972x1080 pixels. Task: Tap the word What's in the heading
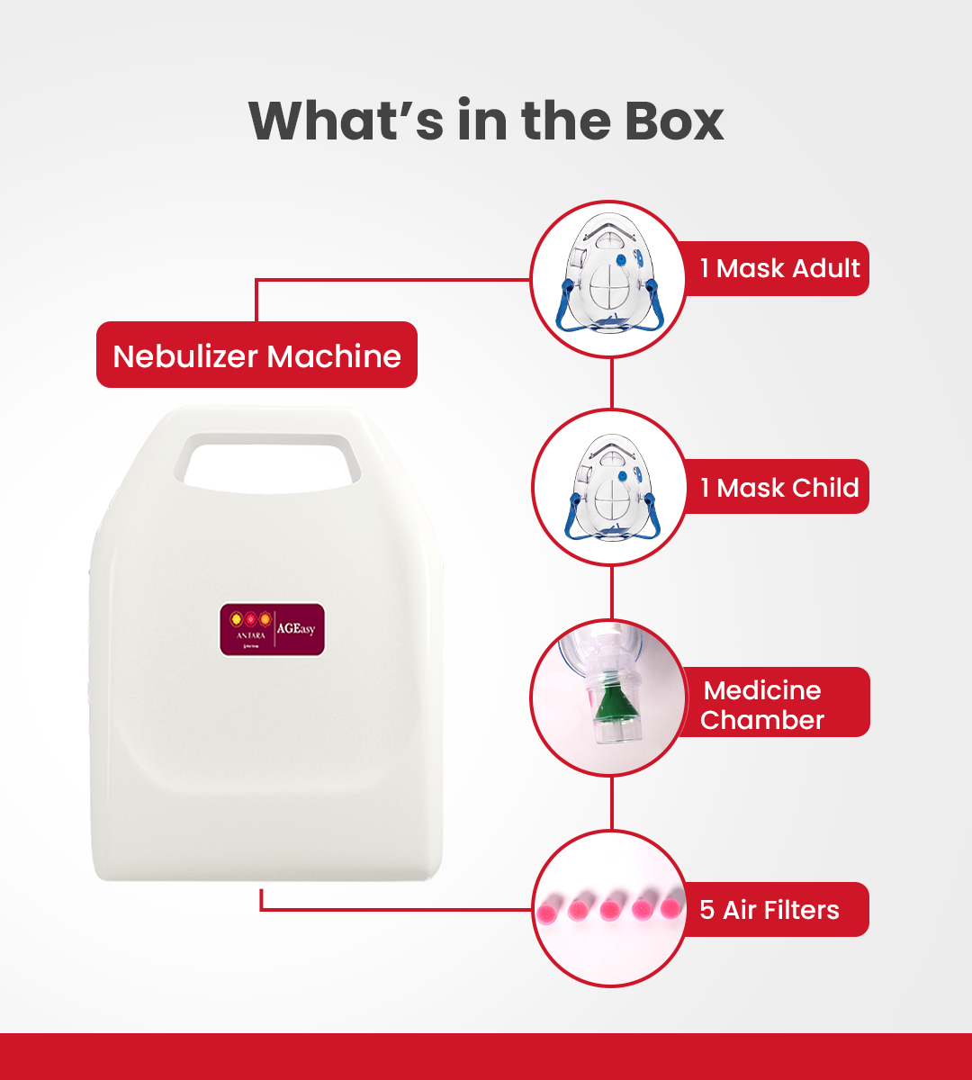click(346, 121)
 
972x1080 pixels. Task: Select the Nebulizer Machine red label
click(256, 355)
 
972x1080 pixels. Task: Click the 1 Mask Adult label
click(779, 268)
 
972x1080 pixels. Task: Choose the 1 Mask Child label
click(779, 488)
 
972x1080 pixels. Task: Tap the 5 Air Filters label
click(769, 910)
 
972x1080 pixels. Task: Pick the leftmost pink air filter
click(549, 907)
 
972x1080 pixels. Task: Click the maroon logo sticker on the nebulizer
click(272, 629)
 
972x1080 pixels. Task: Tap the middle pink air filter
click(613, 907)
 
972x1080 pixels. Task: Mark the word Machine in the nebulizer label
click(334, 356)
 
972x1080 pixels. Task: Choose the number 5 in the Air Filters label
click(706, 910)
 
